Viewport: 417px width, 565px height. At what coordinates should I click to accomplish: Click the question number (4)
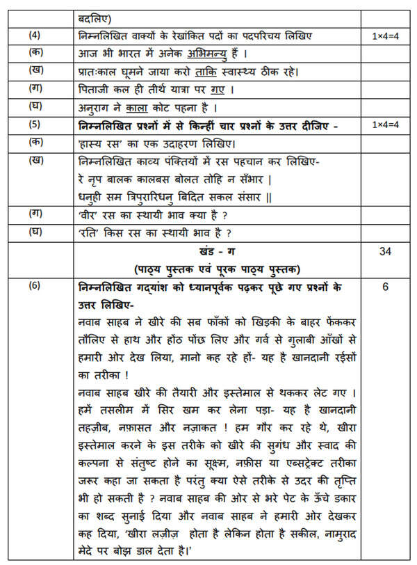(34, 35)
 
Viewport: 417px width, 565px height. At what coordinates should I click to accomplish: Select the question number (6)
(34, 286)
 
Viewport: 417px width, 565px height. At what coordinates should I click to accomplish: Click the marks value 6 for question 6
(385, 286)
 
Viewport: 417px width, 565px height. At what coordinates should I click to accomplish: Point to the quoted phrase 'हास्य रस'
(102, 143)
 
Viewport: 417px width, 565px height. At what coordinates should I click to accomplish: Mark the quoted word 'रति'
(88, 232)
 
